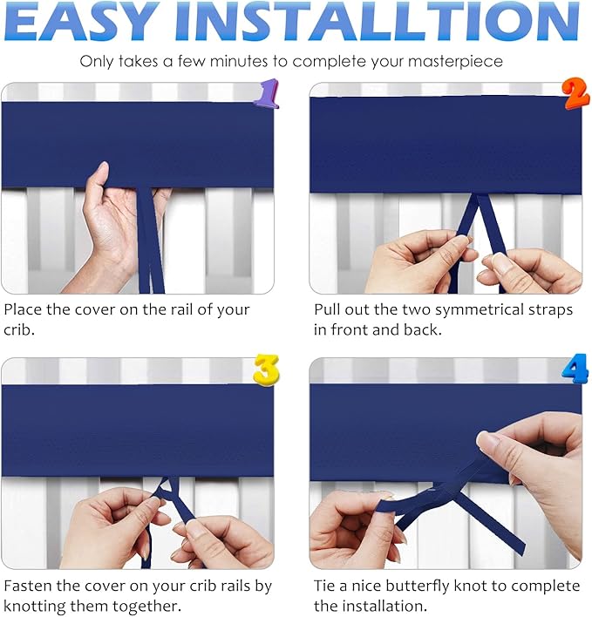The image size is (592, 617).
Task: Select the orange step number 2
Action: tap(576, 93)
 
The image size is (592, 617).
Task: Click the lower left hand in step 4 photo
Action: tap(353, 527)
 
